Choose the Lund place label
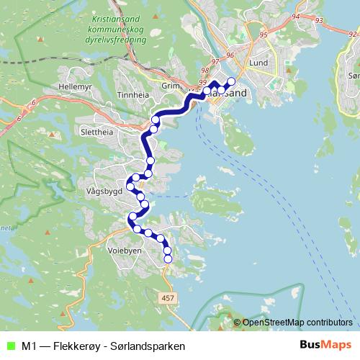tap(257, 63)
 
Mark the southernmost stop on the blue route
tap(168, 258)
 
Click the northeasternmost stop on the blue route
tap(231, 81)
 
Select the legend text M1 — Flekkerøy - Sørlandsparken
tap(103, 346)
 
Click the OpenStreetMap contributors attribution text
tap(297, 322)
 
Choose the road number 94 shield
tap(296, 14)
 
